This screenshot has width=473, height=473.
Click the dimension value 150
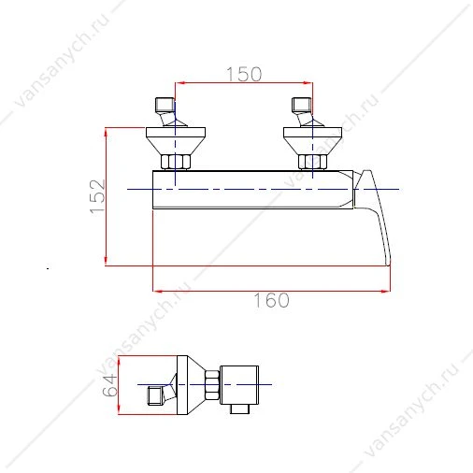244,74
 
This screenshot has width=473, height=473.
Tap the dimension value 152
97,197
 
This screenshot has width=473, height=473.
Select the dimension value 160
272,300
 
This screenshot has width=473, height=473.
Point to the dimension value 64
110,385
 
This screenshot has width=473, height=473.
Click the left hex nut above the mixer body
175,162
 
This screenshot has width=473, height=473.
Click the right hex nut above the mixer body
312,162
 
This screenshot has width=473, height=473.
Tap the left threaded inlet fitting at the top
165,106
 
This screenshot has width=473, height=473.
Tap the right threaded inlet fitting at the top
301,106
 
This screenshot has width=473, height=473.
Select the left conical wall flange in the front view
176,140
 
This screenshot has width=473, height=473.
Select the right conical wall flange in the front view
312,140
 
